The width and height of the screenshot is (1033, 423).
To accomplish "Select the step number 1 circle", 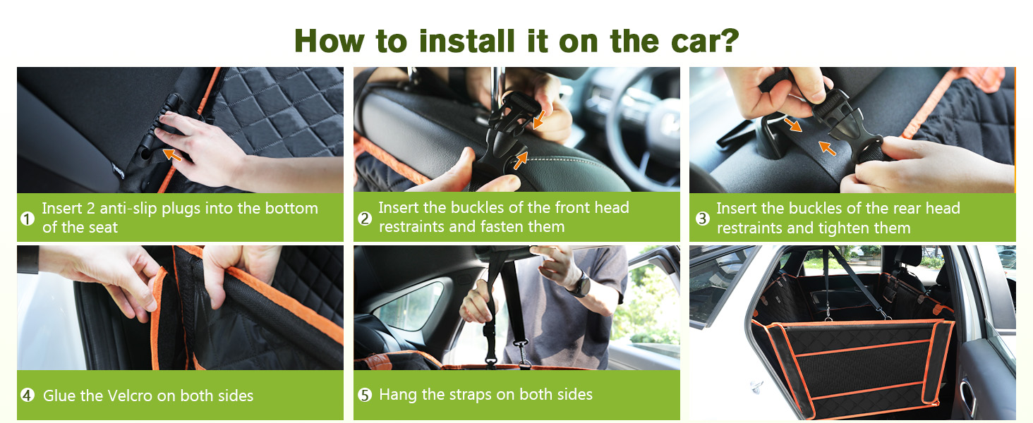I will [27, 219].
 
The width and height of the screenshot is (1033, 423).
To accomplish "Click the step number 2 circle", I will [365, 219].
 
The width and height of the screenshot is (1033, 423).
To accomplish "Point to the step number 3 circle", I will [702, 219].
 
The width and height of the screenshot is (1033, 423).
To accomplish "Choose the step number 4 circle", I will [27, 396].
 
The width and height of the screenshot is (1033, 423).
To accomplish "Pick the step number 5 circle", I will [365, 396].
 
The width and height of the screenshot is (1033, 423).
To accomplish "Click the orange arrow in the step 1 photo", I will [171, 153].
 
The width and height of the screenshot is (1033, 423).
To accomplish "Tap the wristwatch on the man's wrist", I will [581, 285].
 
